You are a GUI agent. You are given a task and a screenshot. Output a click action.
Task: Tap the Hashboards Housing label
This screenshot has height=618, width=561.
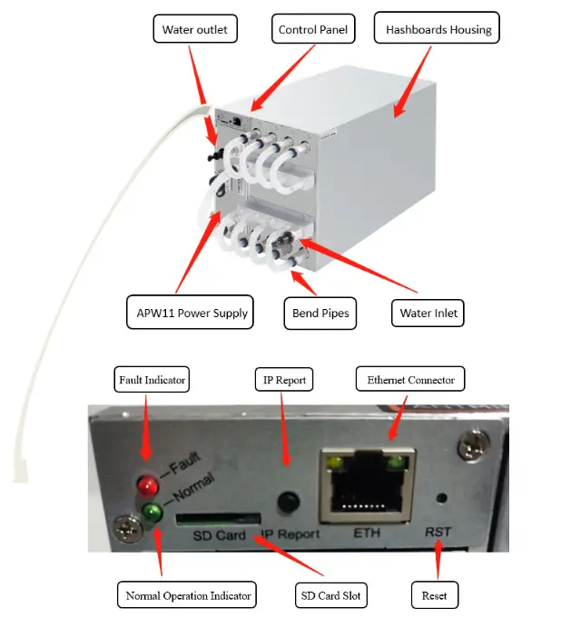(x=438, y=29)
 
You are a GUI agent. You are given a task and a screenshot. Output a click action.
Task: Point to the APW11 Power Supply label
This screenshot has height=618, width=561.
(x=187, y=314)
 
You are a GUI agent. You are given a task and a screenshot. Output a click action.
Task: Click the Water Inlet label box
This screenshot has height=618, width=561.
(x=429, y=314)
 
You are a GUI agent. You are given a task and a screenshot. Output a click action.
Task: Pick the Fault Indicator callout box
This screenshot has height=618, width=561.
(x=152, y=379)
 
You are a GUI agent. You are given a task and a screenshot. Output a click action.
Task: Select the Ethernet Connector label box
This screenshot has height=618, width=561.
(x=410, y=379)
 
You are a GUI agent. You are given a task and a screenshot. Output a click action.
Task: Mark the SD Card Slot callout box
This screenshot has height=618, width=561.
(x=330, y=595)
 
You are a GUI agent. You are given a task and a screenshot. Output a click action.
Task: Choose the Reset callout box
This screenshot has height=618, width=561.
(x=434, y=595)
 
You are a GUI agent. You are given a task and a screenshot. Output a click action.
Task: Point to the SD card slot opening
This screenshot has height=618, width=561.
(x=212, y=520)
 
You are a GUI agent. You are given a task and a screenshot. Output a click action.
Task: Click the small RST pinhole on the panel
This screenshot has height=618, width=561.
(x=442, y=498)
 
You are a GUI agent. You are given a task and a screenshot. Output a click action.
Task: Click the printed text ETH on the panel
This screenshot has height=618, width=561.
(x=366, y=534)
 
